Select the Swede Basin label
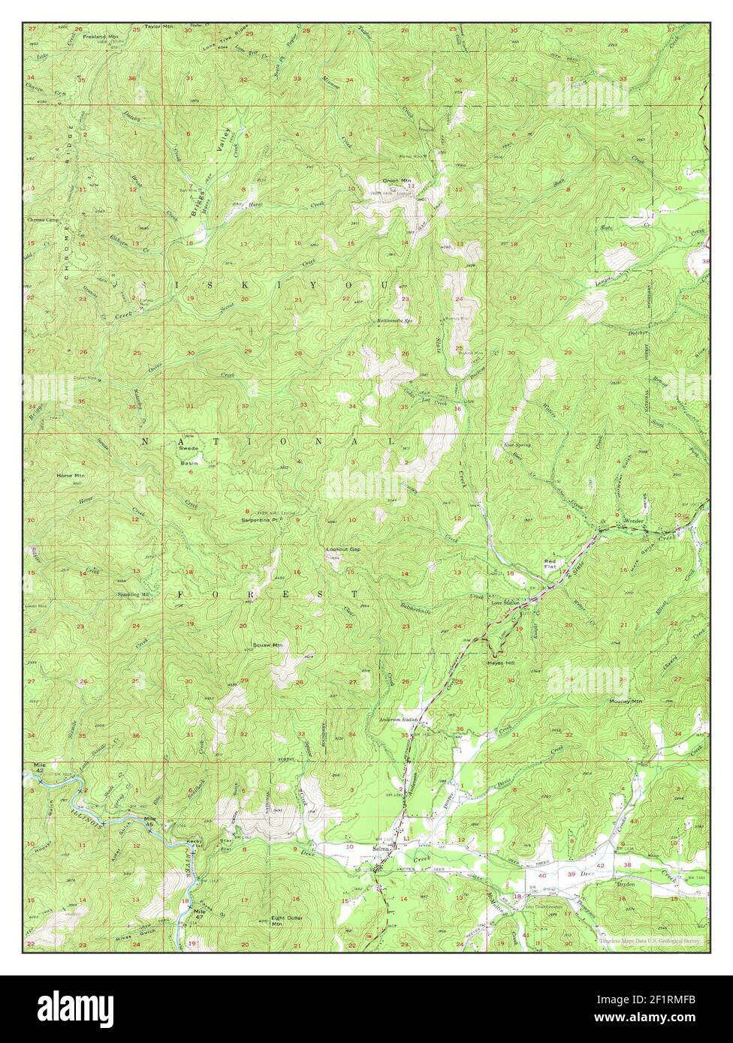(x=189, y=458)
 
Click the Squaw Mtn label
(x=267, y=645)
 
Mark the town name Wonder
(x=634, y=520)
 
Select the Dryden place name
(x=626, y=884)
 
